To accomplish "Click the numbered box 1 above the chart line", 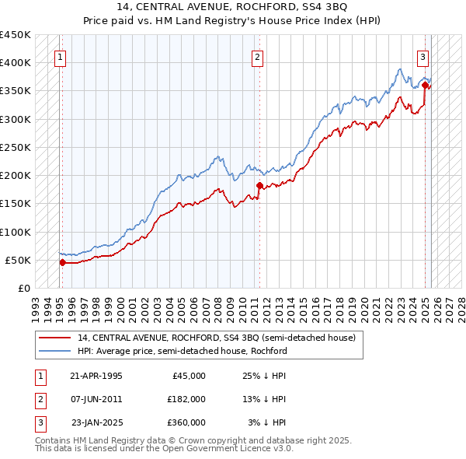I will point(60,56).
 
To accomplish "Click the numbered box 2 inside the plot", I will point(257,56).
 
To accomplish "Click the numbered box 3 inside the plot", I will point(423,56).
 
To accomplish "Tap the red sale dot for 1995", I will point(62,263).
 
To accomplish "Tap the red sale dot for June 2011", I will point(259,186).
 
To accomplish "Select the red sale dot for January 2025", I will point(426,85).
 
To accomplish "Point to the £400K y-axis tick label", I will point(16,63).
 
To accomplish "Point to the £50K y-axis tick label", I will point(19,260).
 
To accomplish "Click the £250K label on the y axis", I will point(16,147).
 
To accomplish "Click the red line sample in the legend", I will point(55,338).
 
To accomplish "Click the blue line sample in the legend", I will point(55,351).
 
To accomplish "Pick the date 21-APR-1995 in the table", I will point(96,376).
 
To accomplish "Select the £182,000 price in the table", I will point(186,399).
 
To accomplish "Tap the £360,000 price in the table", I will point(186,422).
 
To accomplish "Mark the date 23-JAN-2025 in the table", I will point(96,422).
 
